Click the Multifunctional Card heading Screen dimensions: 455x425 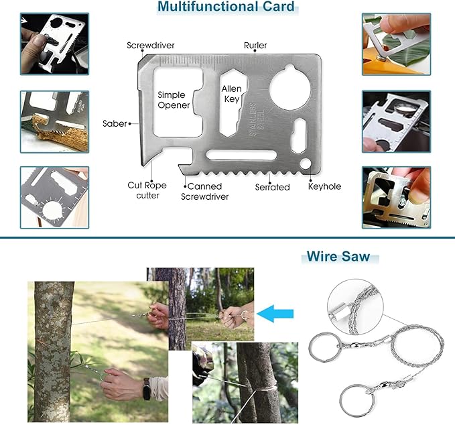click(226, 7)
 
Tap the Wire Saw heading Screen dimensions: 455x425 click(338, 257)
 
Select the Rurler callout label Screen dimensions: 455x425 click(255, 46)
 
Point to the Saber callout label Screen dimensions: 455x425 click(115, 123)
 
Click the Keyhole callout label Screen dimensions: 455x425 click(324, 186)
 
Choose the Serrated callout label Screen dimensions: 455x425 click(273, 187)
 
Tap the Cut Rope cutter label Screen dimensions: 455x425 click(147, 190)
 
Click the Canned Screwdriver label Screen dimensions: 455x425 click(205, 192)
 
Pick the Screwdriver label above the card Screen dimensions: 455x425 click(151, 46)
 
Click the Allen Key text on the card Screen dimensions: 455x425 click(232, 94)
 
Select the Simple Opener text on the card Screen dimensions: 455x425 click(174, 100)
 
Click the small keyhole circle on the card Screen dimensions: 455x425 click(306, 164)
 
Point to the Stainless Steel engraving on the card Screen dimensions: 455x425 click(257, 119)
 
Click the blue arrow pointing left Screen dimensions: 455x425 click(275, 314)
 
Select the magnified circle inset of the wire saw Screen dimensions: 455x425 click(355, 307)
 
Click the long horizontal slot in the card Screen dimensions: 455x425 click(241, 155)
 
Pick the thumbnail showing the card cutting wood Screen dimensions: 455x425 click(54, 122)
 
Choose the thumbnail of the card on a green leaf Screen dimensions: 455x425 click(397, 44)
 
